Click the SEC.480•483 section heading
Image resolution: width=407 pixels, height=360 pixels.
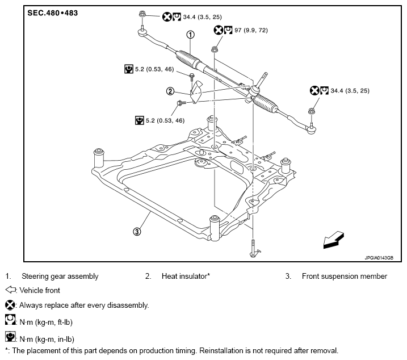click(x=52, y=13)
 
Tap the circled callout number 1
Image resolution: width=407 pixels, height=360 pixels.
click(x=190, y=35)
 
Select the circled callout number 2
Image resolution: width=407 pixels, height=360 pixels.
click(x=170, y=91)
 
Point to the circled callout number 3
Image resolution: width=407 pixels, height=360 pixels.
click(x=137, y=232)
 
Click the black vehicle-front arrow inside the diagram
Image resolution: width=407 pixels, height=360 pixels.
click(x=334, y=240)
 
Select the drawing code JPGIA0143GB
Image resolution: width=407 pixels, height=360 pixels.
click(x=379, y=258)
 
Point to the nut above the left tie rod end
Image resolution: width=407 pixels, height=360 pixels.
click(x=142, y=14)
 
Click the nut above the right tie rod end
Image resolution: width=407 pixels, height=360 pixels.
click(x=311, y=111)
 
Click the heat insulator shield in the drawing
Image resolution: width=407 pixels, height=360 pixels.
click(x=196, y=91)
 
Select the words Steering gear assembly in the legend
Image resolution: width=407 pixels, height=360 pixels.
click(x=60, y=277)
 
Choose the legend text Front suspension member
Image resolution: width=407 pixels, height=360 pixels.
click(x=345, y=276)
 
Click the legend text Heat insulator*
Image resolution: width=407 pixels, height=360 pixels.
click(x=186, y=276)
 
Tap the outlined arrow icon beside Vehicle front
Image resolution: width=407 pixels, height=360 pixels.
click(x=10, y=290)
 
